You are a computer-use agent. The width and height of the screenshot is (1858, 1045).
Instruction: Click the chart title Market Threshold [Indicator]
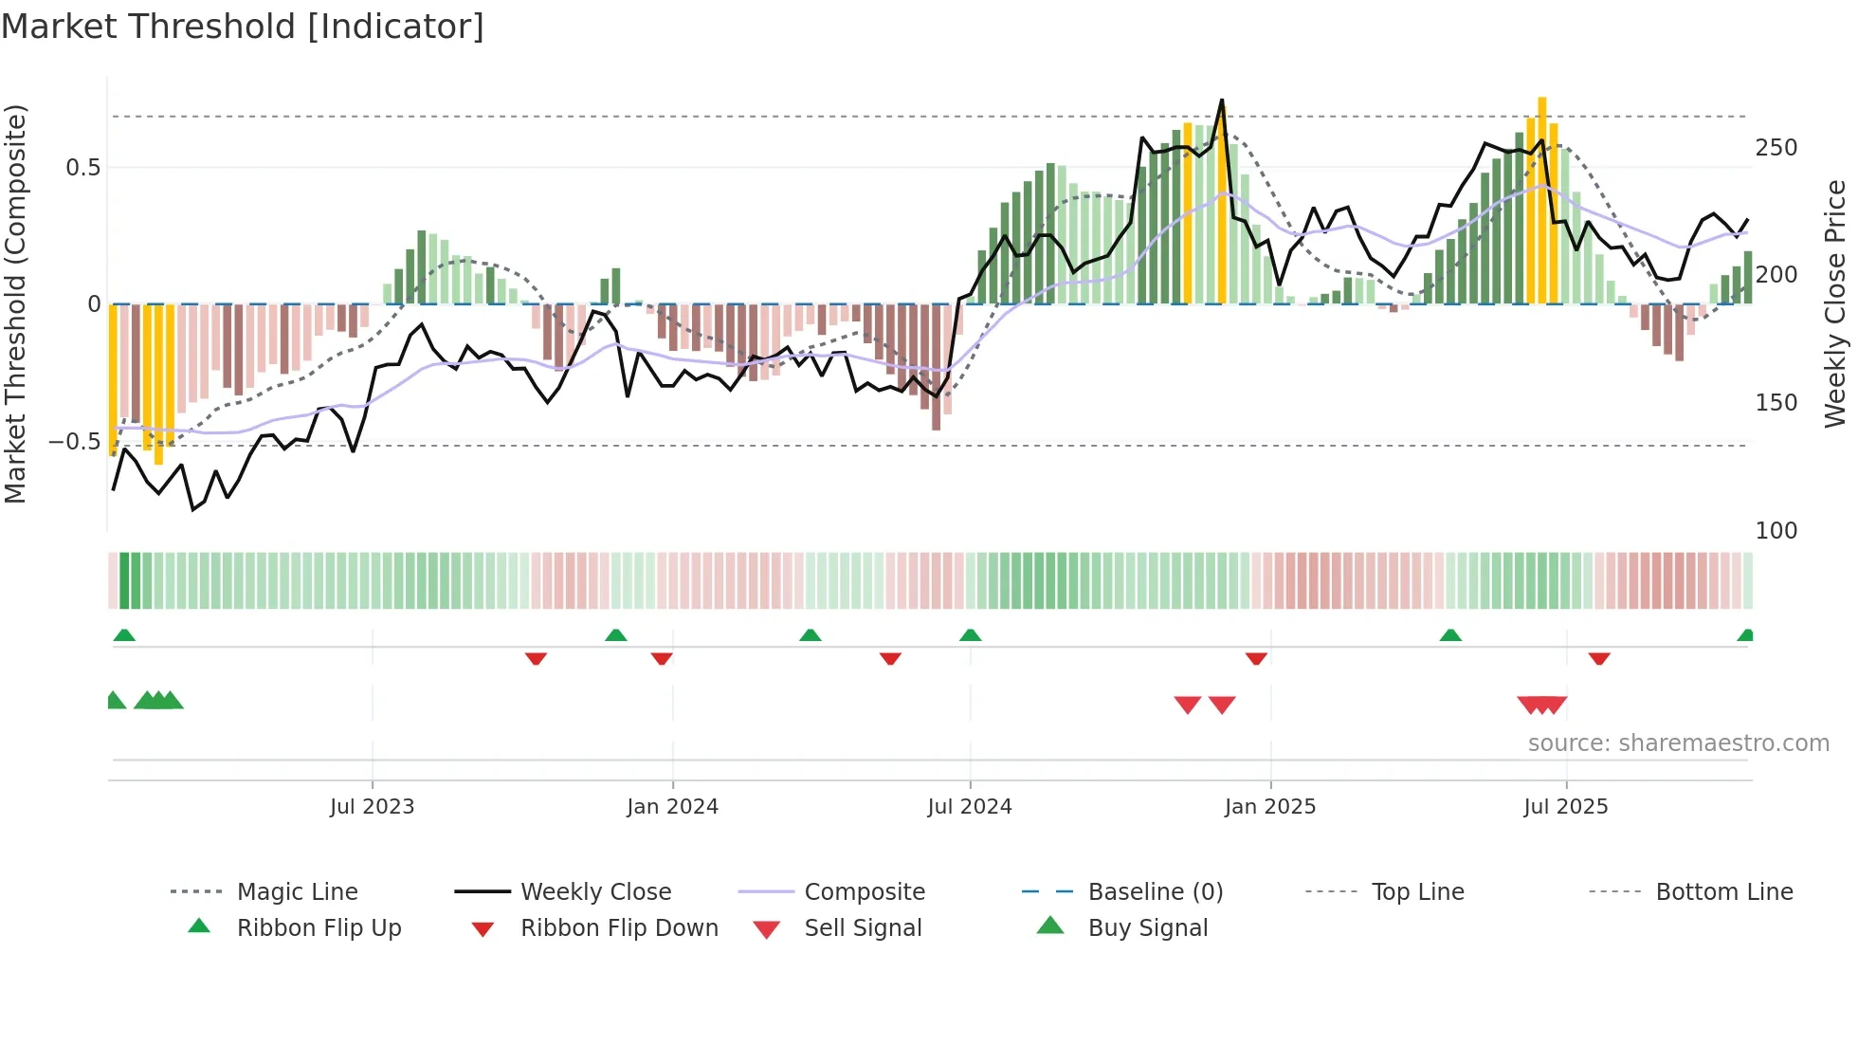pyautogui.click(x=243, y=27)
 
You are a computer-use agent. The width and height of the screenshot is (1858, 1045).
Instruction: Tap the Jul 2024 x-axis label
pyautogui.click(x=969, y=807)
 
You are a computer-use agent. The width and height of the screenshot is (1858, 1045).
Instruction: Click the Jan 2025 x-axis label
pyautogui.click(x=1269, y=807)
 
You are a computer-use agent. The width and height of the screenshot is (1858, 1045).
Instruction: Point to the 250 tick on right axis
pyautogui.click(x=1776, y=148)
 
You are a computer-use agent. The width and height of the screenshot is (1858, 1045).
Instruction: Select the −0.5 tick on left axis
pyautogui.click(x=74, y=442)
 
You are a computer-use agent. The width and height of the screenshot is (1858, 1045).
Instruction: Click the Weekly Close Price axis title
pyautogui.click(x=1835, y=303)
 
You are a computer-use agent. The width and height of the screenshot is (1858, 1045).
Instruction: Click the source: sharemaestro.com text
pyautogui.click(x=1678, y=743)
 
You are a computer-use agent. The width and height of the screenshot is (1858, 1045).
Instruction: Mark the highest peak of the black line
pyautogui.click(x=1222, y=101)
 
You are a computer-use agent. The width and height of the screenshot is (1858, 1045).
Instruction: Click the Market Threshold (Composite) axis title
pyautogui.click(x=15, y=303)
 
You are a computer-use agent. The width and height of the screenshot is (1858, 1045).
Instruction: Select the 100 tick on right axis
pyautogui.click(x=1776, y=531)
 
